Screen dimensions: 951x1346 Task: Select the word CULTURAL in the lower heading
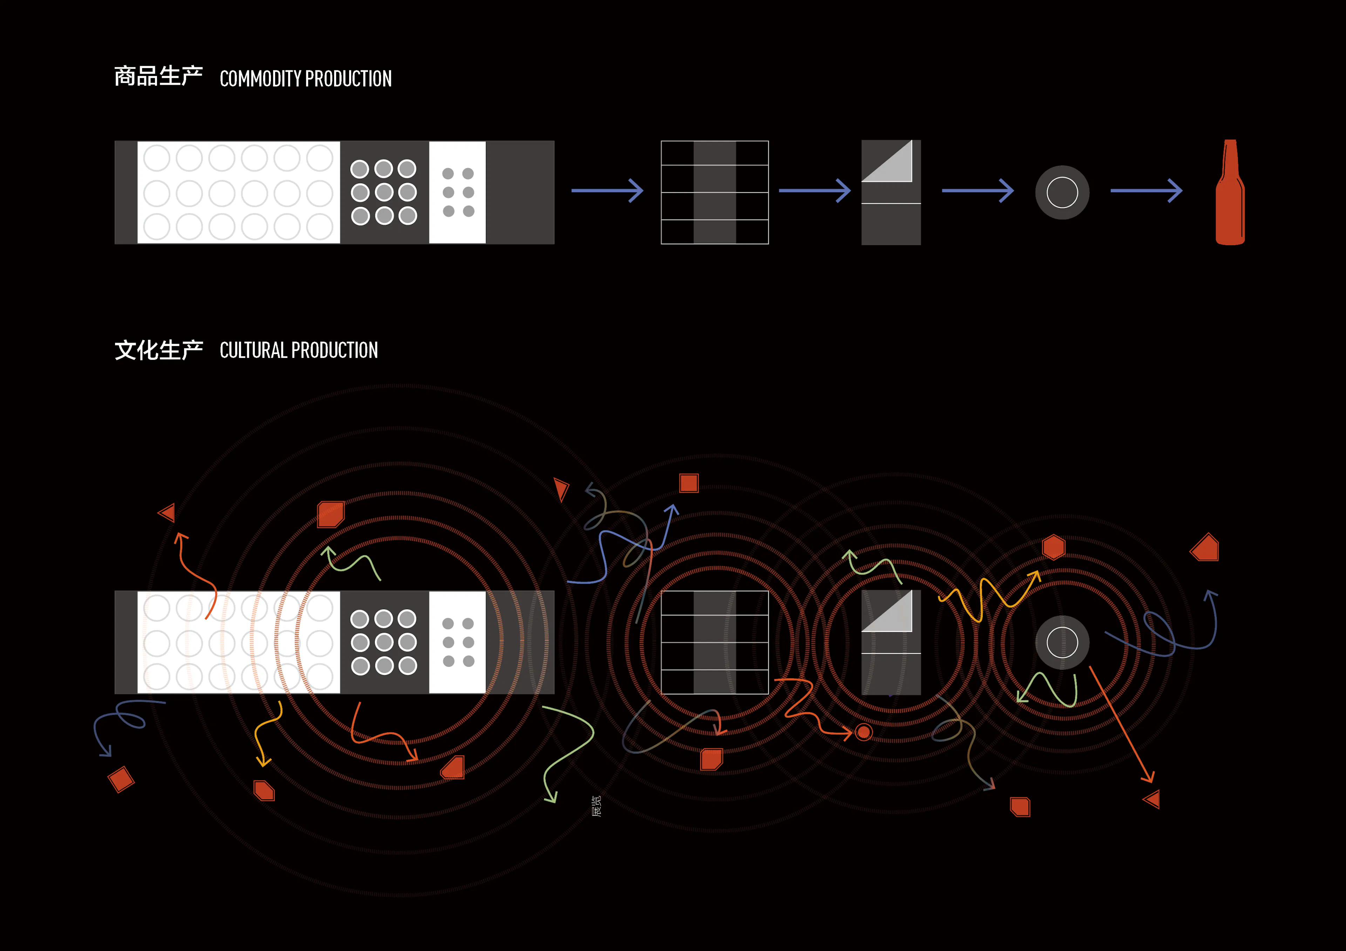[x=253, y=350]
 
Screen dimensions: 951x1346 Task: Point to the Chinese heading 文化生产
[x=158, y=350]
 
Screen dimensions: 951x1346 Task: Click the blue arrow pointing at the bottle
[x=1146, y=191]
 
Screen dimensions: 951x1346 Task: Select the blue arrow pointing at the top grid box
[x=607, y=191]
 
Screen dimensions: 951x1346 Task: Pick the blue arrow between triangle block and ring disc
[x=977, y=191]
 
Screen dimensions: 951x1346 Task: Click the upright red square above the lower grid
[x=689, y=483]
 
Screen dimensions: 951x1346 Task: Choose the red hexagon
[x=1053, y=547]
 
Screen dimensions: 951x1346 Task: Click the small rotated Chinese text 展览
[x=596, y=806]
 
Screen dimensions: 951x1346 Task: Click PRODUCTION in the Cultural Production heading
[x=335, y=350]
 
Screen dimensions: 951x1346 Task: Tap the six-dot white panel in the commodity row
[x=457, y=192]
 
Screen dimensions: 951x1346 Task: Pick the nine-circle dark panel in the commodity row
[x=384, y=192]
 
